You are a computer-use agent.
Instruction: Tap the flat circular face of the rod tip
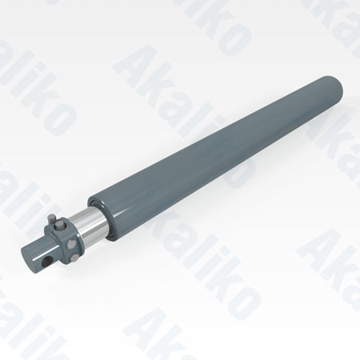point(27,257)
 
